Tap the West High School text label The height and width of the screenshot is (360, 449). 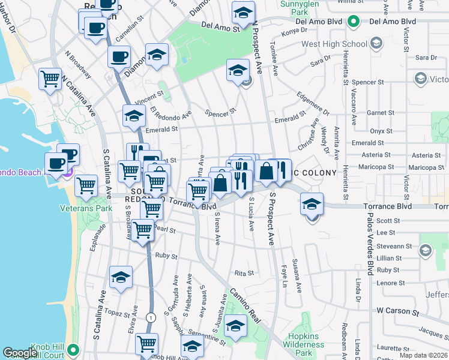click(x=334, y=44)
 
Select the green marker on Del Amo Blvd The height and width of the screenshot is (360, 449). click(x=354, y=22)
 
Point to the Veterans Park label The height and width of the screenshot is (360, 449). click(x=78, y=208)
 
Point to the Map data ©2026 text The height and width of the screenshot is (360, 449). click(x=423, y=355)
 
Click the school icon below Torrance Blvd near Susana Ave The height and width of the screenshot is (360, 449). click(x=312, y=204)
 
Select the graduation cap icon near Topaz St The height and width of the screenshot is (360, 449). click(x=121, y=277)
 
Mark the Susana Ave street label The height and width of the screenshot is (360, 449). click(x=296, y=273)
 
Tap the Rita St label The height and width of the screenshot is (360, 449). click(x=244, y=273)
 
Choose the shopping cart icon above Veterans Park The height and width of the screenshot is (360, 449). click(x=86, y=185)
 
